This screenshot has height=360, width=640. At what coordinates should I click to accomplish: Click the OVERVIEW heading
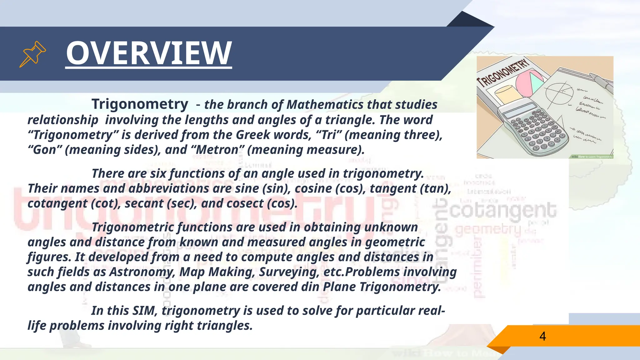pyautogui.click(x=149, y=53)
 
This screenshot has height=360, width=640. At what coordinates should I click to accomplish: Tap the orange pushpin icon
pyautogui.click(x=32, y=54)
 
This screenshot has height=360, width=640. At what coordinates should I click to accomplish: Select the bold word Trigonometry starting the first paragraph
pyautogui.click(x=140, y=104)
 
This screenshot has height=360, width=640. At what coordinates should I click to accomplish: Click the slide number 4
pyautogui.click(x=542, y=336)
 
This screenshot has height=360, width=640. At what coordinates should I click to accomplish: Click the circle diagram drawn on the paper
pyautogui.click(x=559, y=92)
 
